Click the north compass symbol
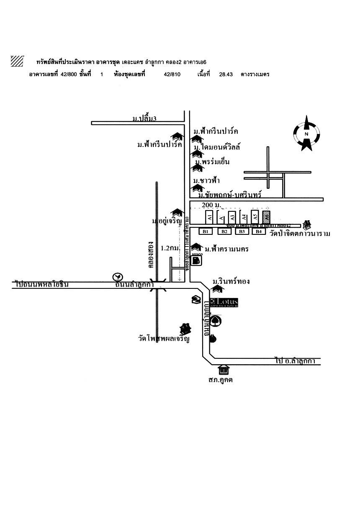306,134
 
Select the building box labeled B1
206,231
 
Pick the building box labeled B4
259,231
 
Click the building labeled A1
209,217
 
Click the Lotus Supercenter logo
224,302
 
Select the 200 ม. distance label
211,205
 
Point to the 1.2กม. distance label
170,248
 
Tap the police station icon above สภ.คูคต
224,370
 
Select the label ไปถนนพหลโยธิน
42,285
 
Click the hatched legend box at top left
17,61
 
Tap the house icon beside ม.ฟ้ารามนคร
195,247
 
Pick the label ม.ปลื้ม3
144,119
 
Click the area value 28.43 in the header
226,75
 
